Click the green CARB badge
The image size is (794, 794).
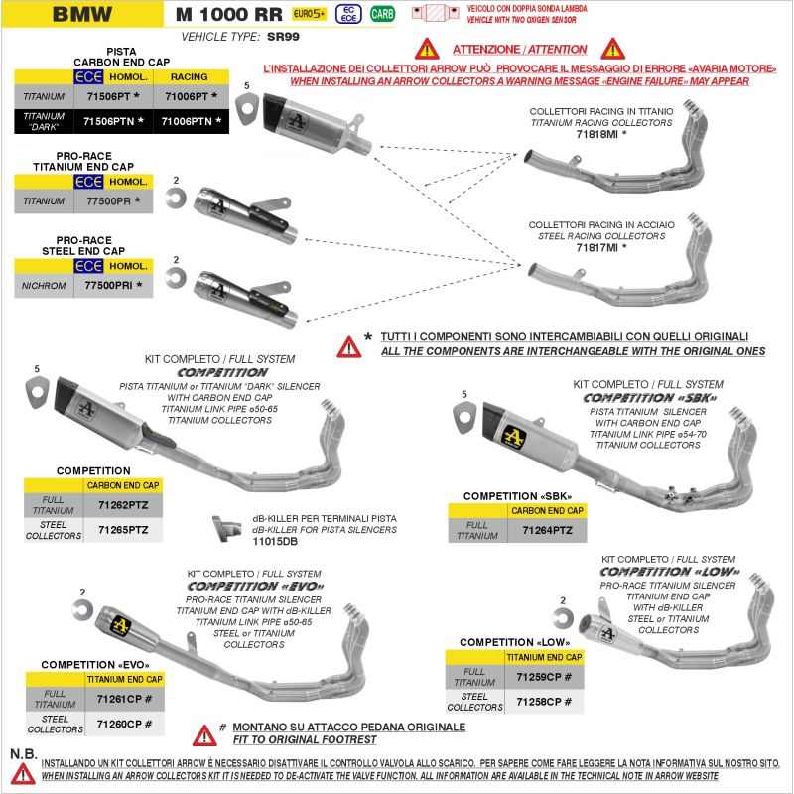tap(381, 14)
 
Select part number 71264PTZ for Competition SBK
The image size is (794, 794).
tap(547, 531)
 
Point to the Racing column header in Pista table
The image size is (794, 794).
tap(189, 76)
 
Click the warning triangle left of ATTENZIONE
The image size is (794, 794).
tap(426, 48)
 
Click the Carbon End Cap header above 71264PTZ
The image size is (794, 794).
tap(547, 510)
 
